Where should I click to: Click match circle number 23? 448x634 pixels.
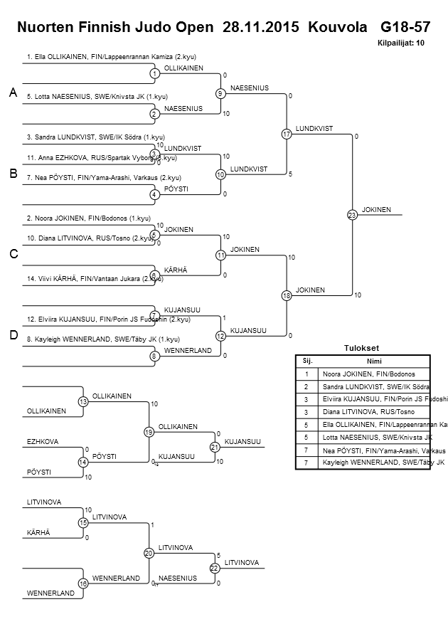click(x=351, y=214)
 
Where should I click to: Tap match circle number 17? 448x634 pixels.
click(x=287, y=134)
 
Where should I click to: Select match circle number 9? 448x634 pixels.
click(x=220, y=93)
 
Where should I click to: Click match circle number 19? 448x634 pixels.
click(x=149, y=431)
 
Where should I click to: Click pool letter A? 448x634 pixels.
click(x=13, y=93)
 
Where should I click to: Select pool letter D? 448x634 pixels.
click(x=13, y=335)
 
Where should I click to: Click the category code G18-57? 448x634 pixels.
click(x=405, y=28)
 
